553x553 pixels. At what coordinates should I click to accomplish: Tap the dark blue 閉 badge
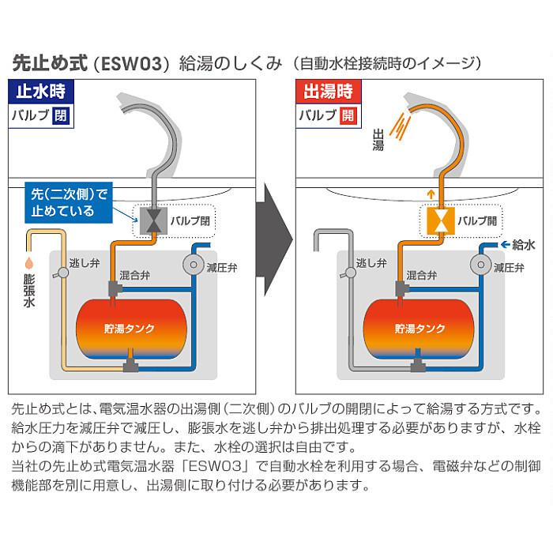pos(62,115)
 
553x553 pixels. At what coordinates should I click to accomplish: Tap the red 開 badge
pos(348,115)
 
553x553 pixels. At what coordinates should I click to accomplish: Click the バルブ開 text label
pos(476,220)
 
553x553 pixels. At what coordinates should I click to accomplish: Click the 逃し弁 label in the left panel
pos(84,262)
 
